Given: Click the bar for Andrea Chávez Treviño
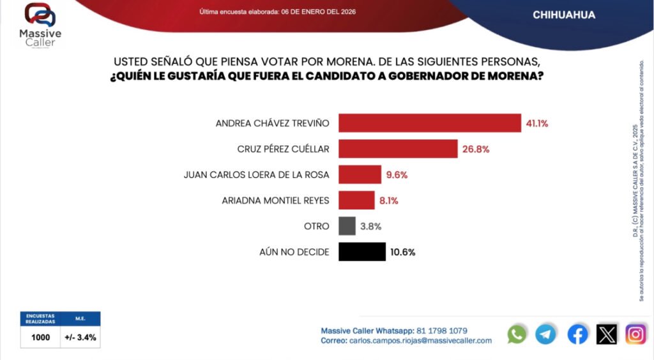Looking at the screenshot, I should tap(430, 123).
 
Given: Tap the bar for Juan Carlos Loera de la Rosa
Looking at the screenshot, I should tap(360, 174).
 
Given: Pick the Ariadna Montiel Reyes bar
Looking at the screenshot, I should tap(356, 200).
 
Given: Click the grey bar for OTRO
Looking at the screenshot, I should tap(347, 226).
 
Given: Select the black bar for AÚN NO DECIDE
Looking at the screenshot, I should tap(362, 251).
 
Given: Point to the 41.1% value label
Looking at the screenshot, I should tap(538, 123).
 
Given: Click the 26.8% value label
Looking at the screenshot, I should tap(476, 149).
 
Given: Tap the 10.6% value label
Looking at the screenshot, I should tap(402, 252).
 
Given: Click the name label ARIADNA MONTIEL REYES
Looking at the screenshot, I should tap(275, 200).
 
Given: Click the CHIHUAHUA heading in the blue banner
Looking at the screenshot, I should tap(564, 15).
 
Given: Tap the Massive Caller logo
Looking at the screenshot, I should tap(40, 24).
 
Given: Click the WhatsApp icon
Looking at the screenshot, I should tap(517, 334).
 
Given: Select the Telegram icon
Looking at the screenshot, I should tap(545, 334).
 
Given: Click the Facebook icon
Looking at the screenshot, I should tap(577, 334).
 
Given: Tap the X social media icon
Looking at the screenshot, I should tap(607, 334).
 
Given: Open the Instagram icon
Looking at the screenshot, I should tap(635, 334).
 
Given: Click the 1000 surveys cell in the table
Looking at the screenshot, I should tap(40, 338).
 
